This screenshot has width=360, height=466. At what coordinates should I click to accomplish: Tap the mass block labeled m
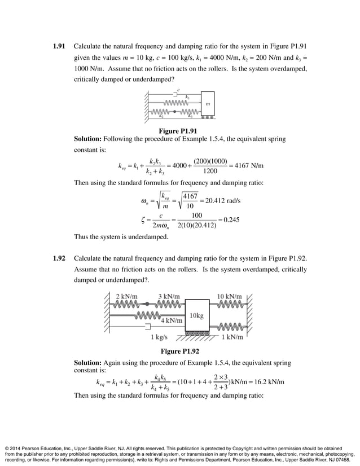coord(207,104)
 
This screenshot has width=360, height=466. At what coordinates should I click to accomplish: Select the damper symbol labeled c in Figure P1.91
coord(177,95)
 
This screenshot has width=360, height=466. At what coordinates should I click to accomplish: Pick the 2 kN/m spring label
coord(128,296)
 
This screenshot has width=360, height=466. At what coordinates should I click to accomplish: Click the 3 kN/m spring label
coord(169,296)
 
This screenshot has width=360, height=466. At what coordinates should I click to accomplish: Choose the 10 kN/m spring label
coord(229,296)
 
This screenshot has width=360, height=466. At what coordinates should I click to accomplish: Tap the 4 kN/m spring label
coord(172,320)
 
